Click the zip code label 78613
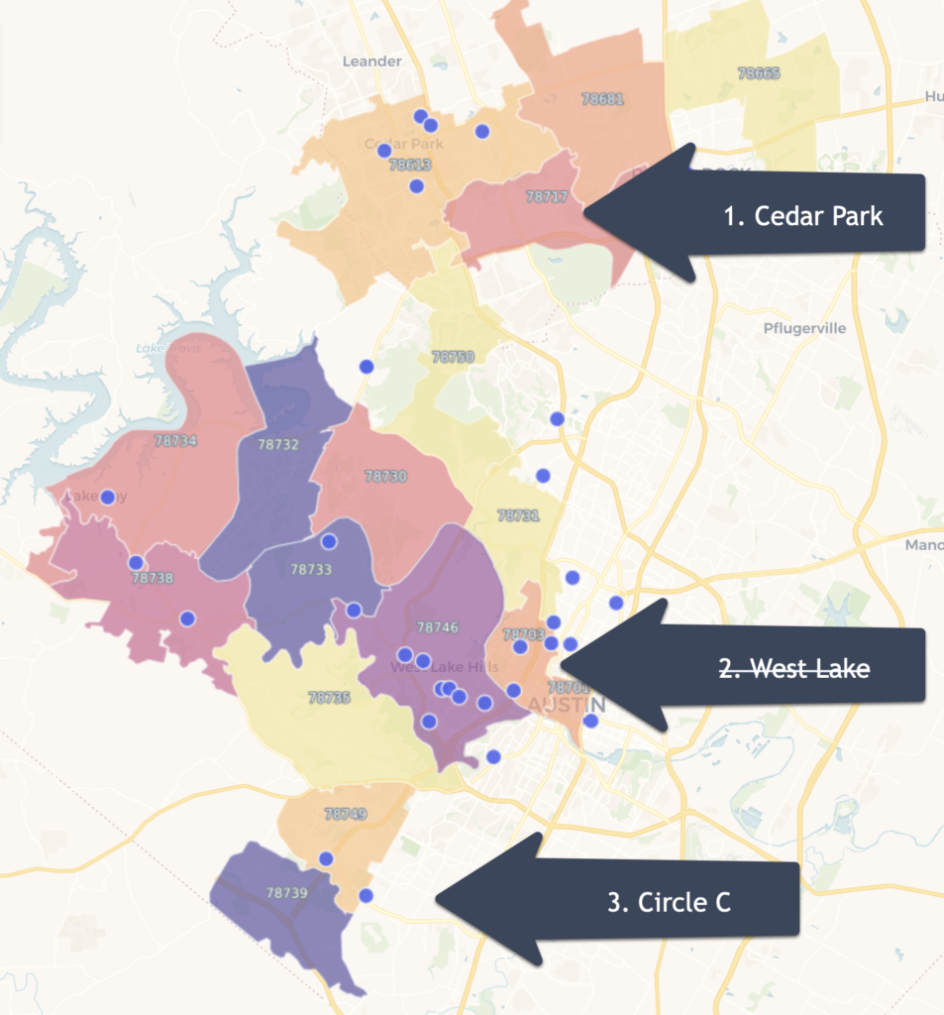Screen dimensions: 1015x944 tap(410, 166)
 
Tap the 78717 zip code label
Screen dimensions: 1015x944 tap(547, 197)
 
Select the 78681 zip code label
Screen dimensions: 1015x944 tap(602, 99)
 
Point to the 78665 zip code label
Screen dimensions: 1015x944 tap(759, 73)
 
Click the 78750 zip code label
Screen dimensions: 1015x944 tap(454, 357)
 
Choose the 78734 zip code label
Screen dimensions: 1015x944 tap(176, 440)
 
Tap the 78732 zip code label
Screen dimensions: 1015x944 tap(278, 445)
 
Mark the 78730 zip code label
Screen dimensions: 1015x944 tap(385, 477)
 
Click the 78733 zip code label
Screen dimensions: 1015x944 tap(311, 570)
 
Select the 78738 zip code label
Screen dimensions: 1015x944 tap(153, 578)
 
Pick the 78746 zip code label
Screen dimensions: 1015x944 tap(438, 627)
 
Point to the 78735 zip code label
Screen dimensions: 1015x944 tap(329, 698)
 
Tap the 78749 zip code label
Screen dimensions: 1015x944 tap(346, 815)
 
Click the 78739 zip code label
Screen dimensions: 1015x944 tap(286, 893)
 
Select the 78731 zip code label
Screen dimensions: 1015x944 tap(518, 516)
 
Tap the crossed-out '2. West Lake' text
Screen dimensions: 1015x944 tap(794, 669)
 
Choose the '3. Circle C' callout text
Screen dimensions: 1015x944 tap(670, 902)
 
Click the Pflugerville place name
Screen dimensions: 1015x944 tap(805, 328)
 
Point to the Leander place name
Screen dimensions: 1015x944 tap(371, 61)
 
